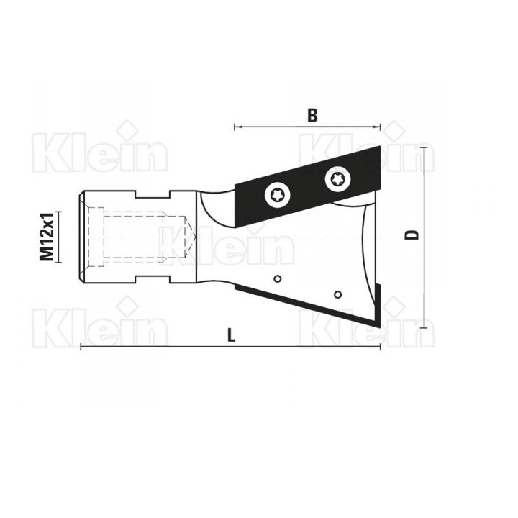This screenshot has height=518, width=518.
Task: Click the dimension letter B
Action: (312, 116)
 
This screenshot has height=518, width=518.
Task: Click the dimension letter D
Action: (412, 235)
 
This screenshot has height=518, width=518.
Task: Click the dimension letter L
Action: (231, 336)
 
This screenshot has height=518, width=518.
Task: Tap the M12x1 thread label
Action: (47, 237)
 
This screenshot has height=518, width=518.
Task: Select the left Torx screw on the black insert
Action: (278, 196)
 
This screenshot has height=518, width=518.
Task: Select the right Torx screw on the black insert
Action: (337, 179)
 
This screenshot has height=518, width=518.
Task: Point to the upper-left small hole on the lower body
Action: (278, 279)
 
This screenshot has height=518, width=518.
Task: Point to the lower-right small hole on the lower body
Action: (337, 294)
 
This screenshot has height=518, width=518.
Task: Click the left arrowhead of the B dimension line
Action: (237, 127)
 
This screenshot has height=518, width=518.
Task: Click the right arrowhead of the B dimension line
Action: (378, 127)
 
